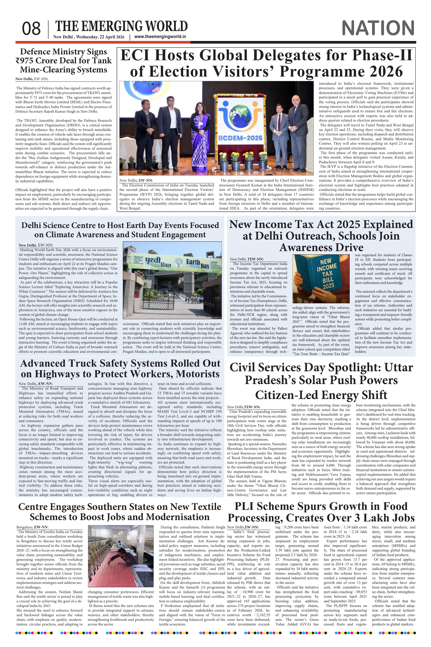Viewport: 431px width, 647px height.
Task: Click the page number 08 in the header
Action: tap(31, 29)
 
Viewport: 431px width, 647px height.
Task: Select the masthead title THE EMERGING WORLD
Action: tap(121, 26)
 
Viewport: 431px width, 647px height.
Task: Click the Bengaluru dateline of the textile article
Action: tap(25, 527)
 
